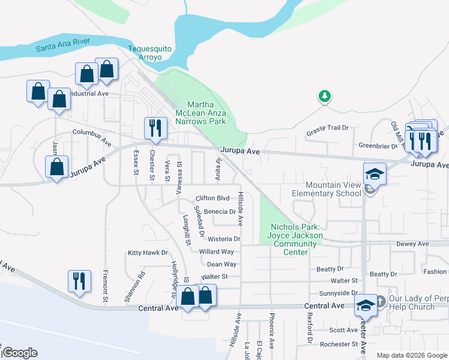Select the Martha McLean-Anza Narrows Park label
200,113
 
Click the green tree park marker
325,96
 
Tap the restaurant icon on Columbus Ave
154,128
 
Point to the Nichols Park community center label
297,239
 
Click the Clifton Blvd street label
212,198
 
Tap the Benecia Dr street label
220,212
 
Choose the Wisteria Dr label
224,239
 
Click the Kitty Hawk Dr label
148,253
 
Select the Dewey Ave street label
412,244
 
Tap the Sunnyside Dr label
339,293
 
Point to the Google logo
19,353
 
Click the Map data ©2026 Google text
412,355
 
